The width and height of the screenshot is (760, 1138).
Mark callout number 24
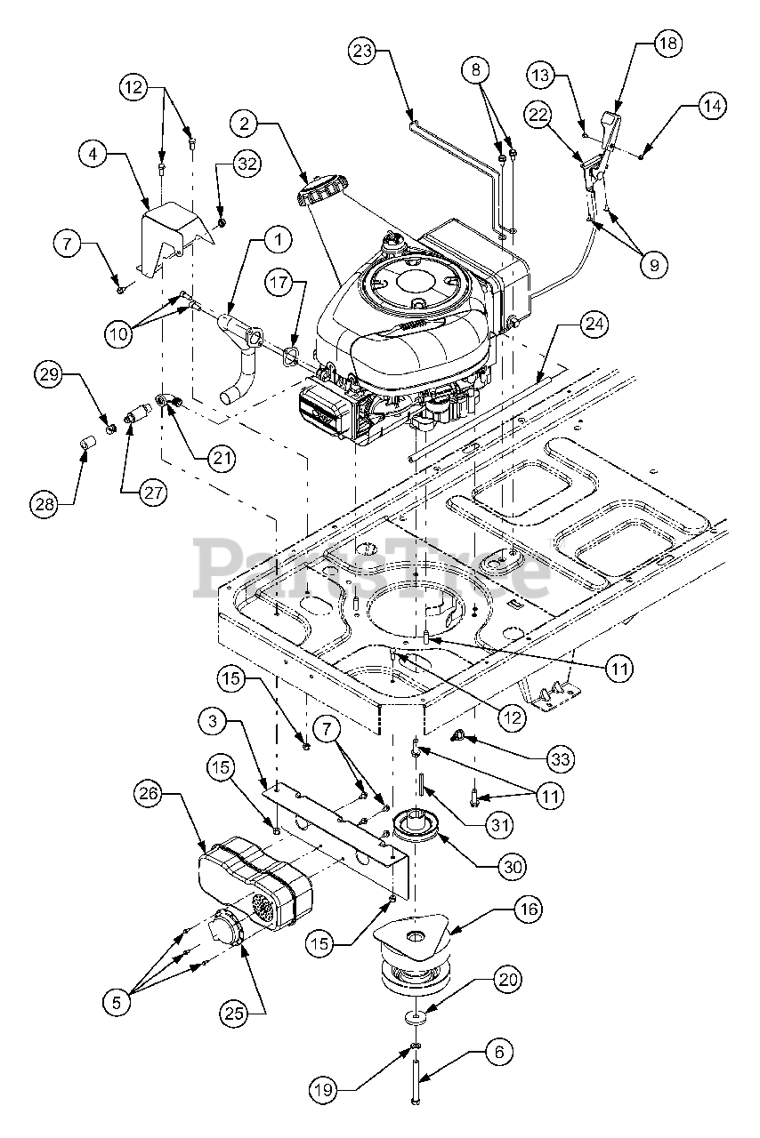(595, 326)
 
